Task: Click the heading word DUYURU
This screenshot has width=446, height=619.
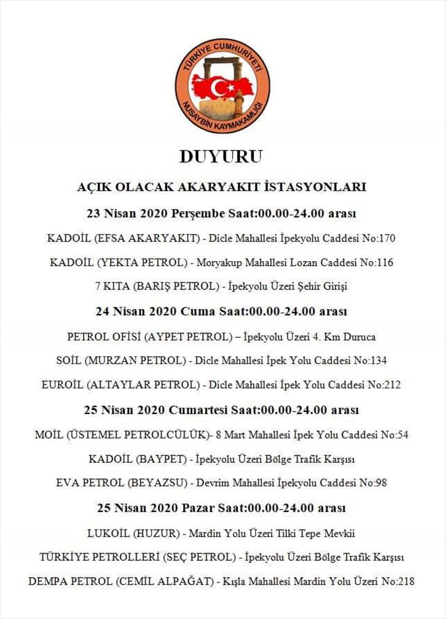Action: tap(221, 157)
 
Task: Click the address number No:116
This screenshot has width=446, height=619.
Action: tap(378, 262)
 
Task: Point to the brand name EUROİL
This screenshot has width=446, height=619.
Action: tap(63, 385)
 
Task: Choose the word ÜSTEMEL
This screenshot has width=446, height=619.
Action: tap(96, 434)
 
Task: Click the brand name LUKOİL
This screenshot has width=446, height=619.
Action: tap(109, 532)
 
